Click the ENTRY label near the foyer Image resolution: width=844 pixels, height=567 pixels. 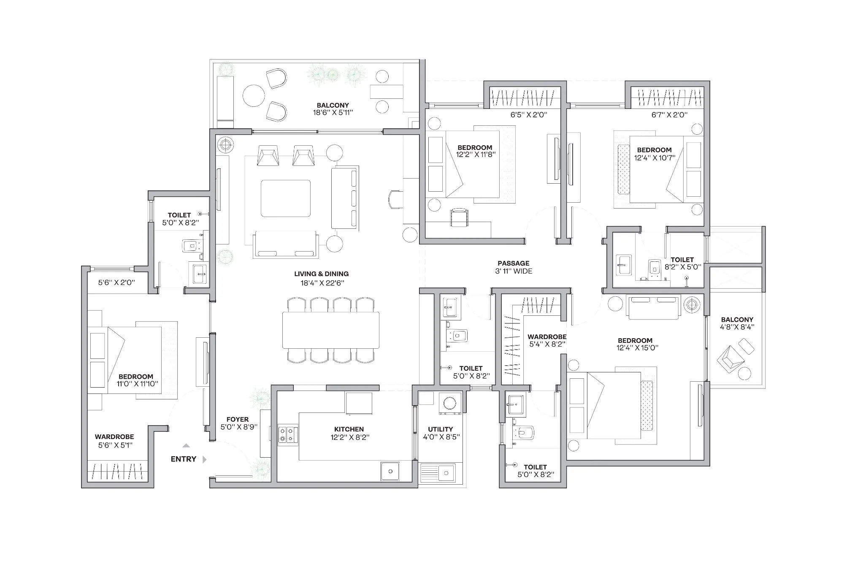click(x=183, y=459)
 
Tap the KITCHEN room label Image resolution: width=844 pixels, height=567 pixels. click(x=349, y=429)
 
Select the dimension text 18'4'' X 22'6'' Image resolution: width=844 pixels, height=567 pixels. click(x=322, y=283)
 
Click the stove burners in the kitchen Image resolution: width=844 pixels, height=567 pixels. click(x=288, y=435)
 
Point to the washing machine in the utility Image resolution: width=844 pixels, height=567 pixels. click(x=447, y=403)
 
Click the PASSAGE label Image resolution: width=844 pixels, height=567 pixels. click(x=513, y=263)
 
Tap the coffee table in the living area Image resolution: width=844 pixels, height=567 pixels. click(x=286, y=198)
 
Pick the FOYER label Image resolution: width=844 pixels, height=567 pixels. click(x=237, y=419)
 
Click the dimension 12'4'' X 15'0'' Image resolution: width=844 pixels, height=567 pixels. click(x=637, y=348)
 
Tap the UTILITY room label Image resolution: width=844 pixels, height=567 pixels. click(x=440, y=429)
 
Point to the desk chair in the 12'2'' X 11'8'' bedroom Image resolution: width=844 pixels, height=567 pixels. click(x=459, y=217)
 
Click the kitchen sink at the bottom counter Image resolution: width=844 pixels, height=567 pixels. click(x=390, y=471)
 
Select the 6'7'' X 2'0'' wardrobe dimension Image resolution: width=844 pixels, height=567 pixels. click(x=669, y=115)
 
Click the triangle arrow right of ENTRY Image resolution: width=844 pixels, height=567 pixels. click(x=205, y=459)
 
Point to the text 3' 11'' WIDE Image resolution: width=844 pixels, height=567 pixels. click(x=514, y=271)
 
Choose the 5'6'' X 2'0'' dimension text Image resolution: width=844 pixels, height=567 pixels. click(x=116, y=282)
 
